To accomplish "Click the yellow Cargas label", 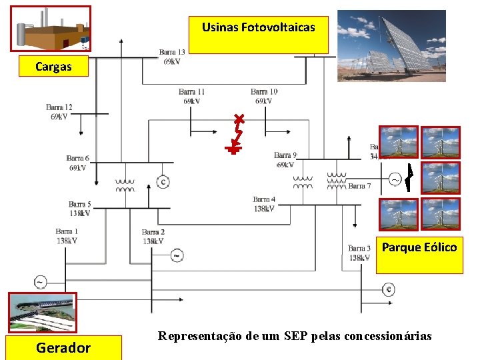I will pyautogui.click(x=53, y=67).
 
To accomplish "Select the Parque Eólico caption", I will pyautogui.click(x=419, y=248).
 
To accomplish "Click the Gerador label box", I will pyautogui.click(x=63, y=347).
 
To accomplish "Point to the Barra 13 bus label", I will pyautogui.click(x=172, y=57).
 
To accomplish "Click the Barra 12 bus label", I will pyautogui.click(x=59, y=112).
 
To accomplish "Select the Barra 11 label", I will pyautogui.click(x=192, y=96).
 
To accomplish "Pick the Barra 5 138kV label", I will pyautogui.click(x=79, y=209).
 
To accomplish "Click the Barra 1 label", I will pyautogui.click(x=67, y=236).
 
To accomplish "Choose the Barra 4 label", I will pyautogui.click(x=264, y=204).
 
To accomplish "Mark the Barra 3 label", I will pyautogui.click(x=359, y=253).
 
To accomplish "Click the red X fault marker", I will pyautogui.click(x=239, y=121).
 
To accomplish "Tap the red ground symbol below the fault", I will pyautogui.click(x=233, y=149).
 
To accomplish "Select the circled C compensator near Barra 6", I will pyautogui.click(x=162, y=181).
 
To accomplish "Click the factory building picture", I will pyautogui.click(x=51, y=29).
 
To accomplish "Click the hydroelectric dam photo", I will pyautogui.click(x=41, y=312).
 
